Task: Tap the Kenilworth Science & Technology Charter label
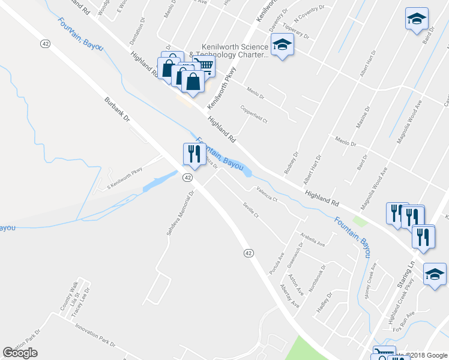click(229, 50)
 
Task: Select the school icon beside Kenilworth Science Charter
click(282, 45)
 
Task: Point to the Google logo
click(20, 353)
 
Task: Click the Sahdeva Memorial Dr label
click(179, 214)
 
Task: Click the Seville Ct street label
click(250, 211)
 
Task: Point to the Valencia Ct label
click(267, 194)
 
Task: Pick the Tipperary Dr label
click(297, 31)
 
